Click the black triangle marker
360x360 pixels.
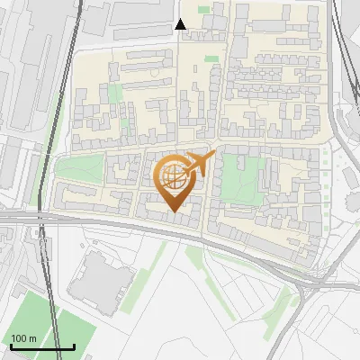click(x=181, y=24)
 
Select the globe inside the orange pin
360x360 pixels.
click(x=173, y=178)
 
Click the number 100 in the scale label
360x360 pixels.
click(x=20, y=338)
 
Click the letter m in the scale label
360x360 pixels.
click(x=33, y=338)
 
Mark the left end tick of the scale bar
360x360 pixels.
click(x=11, y=346)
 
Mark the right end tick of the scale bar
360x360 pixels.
click(x=74, y=346)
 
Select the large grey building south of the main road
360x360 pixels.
click(x=99, y=282)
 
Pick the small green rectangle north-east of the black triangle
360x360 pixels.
click(x=204, y=10)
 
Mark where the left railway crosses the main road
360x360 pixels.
click(x=40, y=219)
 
